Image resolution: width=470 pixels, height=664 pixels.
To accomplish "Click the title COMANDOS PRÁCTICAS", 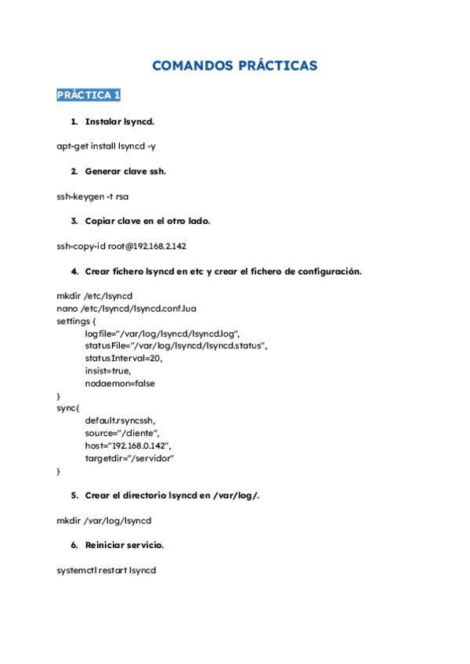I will click(234, 66).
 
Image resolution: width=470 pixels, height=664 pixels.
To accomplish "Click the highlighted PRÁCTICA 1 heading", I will click(89, 96).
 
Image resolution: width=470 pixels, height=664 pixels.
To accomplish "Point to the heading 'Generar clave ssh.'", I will click(125, 171).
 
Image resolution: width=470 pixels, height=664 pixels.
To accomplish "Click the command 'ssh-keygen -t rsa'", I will click(92, 197).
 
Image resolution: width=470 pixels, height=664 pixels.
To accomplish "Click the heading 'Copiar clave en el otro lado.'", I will click(147, 221).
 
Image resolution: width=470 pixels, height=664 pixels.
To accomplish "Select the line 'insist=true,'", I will click(108, 371).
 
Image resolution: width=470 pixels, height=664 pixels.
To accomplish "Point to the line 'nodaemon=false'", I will click(120, 384).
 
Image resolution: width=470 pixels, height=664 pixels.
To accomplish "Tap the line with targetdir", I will click(129, 458).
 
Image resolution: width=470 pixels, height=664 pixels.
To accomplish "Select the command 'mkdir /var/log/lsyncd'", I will click(103, 520).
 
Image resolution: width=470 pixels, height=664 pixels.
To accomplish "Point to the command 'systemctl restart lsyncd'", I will click(106, 570).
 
